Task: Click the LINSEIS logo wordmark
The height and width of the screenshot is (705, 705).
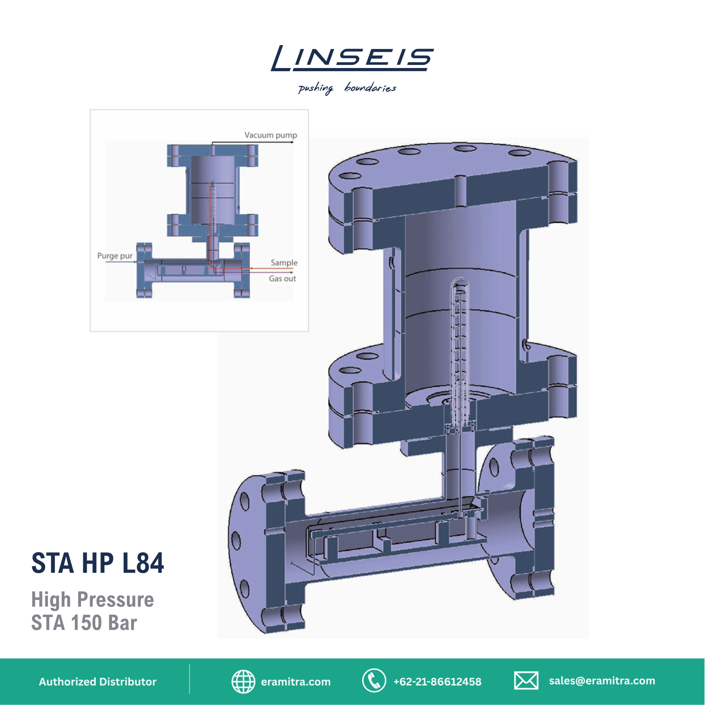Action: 352,59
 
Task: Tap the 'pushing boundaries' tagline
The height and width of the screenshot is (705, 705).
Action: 347,88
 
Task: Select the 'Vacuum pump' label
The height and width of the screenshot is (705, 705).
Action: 270,135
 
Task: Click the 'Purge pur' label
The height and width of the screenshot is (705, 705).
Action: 115,256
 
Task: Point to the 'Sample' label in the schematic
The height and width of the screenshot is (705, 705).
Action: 284,263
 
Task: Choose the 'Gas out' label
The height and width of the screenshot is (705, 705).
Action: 282,279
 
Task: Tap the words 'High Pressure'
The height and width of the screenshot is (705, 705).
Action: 92,600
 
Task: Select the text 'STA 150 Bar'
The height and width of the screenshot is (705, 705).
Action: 84,623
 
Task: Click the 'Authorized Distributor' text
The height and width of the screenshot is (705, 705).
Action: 97,682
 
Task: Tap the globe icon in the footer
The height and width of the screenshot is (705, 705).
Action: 243,681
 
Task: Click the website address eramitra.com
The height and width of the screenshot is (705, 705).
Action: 296,682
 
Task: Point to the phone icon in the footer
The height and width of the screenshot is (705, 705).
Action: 374,681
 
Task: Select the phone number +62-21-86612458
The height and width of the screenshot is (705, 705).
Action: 437,682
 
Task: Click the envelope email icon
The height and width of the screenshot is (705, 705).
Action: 526,681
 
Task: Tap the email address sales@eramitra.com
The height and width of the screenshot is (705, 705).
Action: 602,681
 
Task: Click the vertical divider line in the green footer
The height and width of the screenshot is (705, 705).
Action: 190,679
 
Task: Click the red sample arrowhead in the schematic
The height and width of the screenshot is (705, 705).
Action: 251,269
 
